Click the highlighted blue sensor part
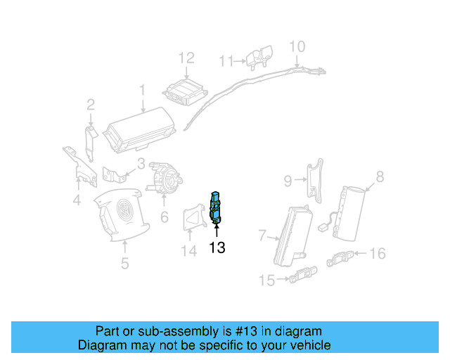[217, 207]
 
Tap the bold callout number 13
[217, 247]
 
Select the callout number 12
[186, 58]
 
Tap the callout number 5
[124, 264]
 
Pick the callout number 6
[164, 217]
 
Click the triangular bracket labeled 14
[193, 219]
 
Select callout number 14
[188, 251]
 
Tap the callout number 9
[288, 181]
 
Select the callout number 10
[297, 46]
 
